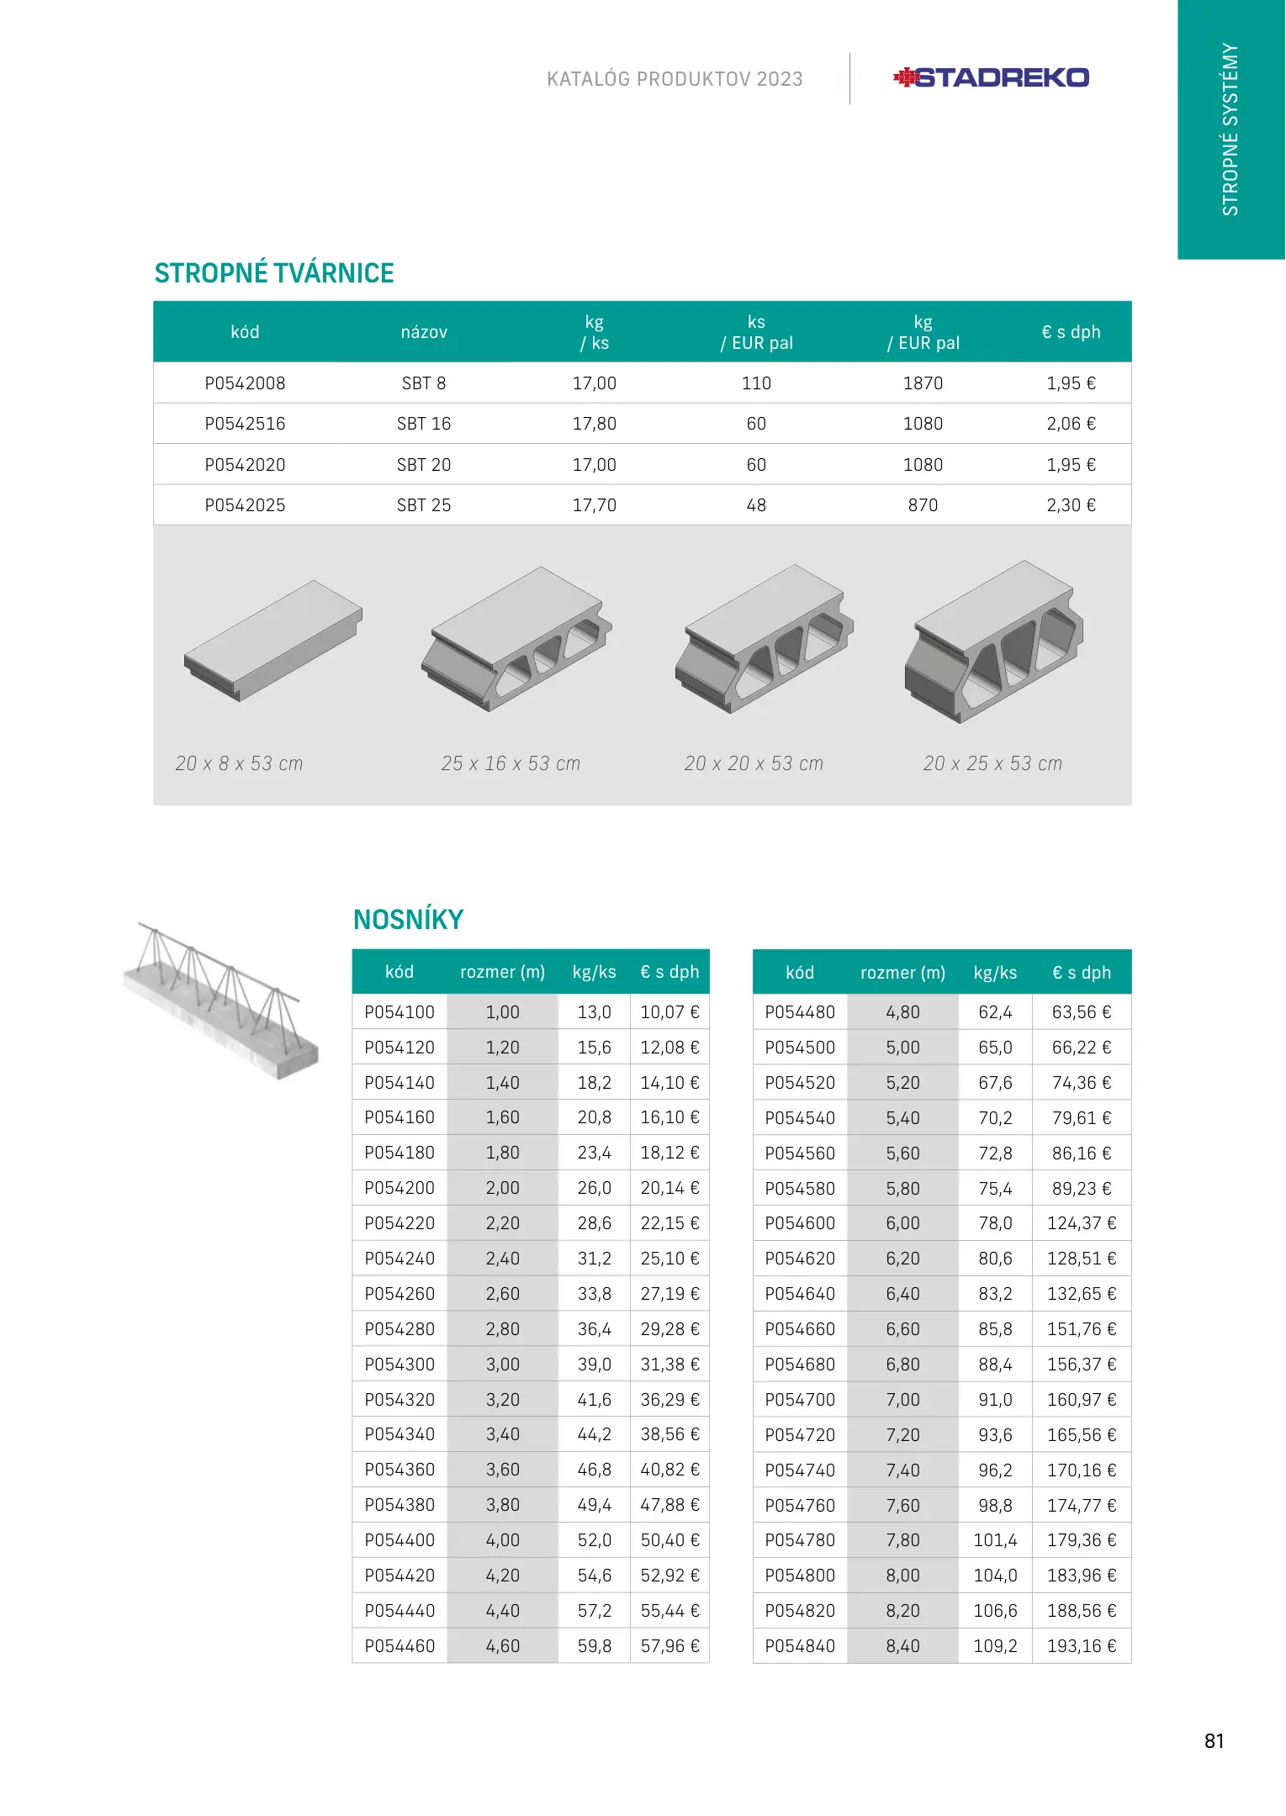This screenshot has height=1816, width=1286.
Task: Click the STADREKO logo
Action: coord(991,78)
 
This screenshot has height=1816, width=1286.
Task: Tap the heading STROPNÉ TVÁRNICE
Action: coord(274,273)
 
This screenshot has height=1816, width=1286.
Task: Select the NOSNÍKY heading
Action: coord(408,920)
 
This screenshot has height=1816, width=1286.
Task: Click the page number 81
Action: coord(1214,1740)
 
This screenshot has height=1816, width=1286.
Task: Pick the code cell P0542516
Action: coord(245,424)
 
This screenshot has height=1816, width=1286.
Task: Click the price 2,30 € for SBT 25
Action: coord(1071,505)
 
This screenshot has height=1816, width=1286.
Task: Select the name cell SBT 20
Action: coord(424,465)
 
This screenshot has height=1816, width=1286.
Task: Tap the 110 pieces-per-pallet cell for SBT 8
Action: coord(756,383)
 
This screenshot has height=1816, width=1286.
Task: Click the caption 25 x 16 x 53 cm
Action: coord(511,763)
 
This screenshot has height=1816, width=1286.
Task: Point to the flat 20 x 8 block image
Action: coord(273,641)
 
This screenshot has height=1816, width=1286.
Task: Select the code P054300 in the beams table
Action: coord(400,1365)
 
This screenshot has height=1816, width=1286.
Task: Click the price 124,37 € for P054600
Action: coord(1082,1223)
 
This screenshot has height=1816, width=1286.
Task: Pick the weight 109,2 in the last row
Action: coord(995,1646)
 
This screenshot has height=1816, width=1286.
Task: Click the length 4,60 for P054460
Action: coord(502,1646)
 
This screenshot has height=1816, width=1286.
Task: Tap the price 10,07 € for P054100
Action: coord(669,1012)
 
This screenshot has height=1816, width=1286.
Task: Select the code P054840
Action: coord(800,1646)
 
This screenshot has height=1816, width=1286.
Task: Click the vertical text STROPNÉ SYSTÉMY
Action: coord(1230,129)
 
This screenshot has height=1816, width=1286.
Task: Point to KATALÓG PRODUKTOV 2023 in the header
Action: coord(675,79)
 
